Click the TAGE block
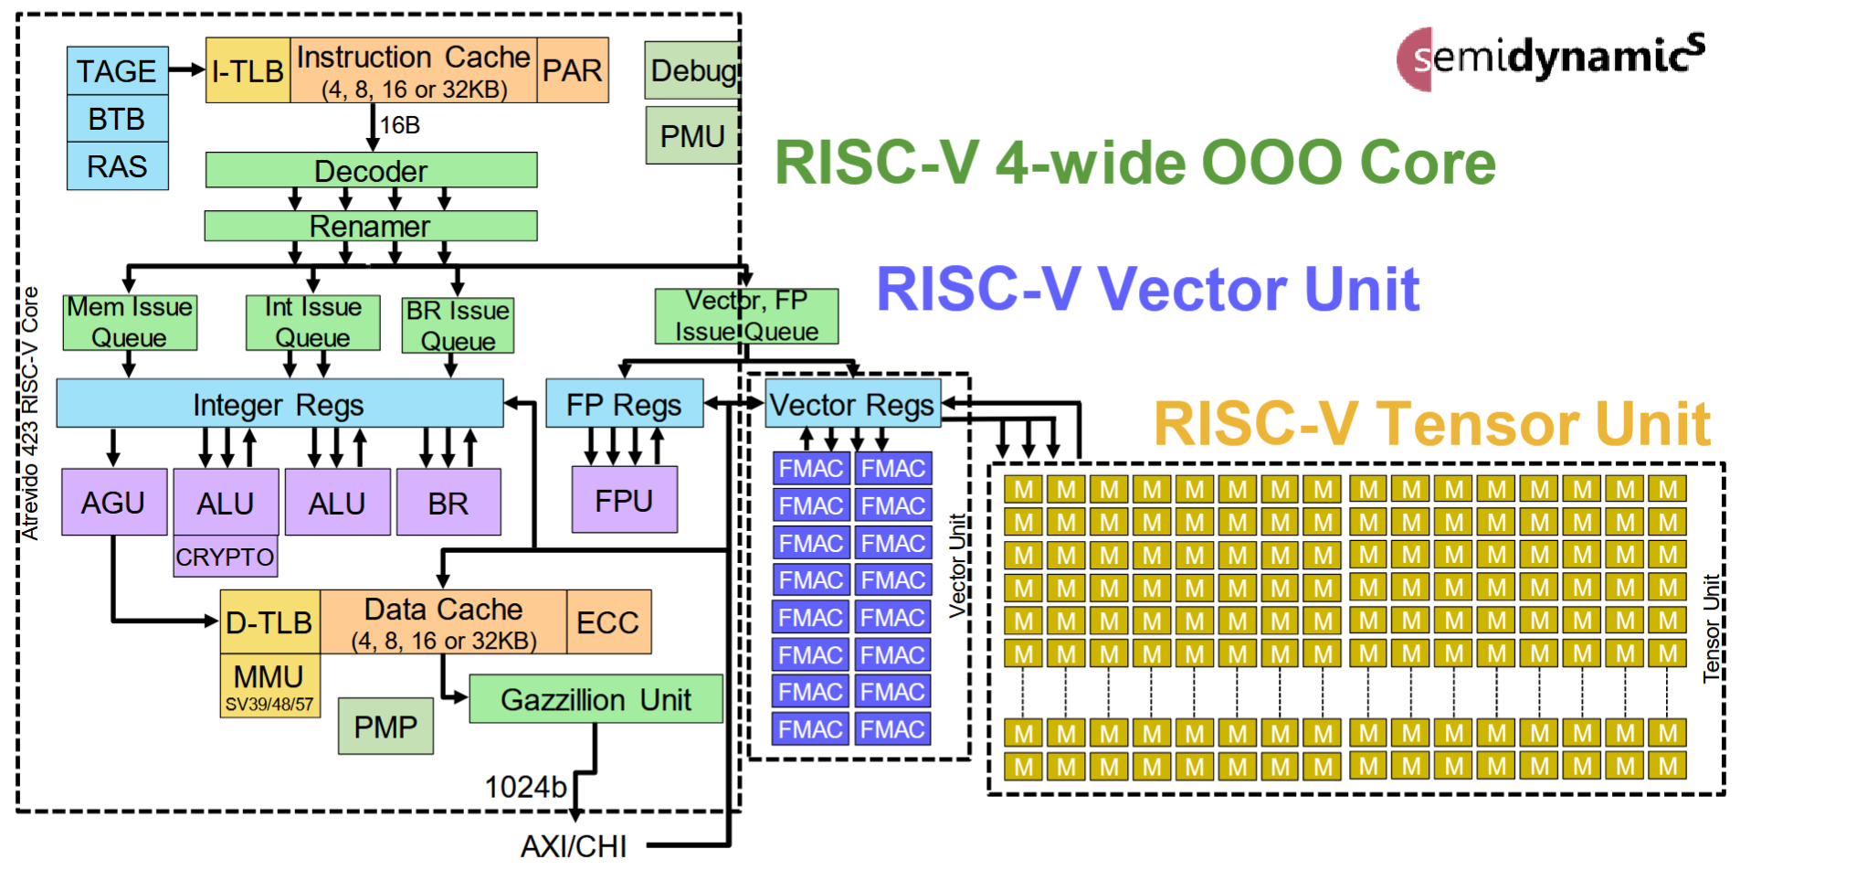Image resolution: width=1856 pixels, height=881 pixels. click(x=117, y=70)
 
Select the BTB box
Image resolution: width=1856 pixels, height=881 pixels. click(x=117, y=119)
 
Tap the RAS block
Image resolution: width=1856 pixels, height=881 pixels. click(x=117, y=166)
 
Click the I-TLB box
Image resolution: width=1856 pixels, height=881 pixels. click(x=248, y=70)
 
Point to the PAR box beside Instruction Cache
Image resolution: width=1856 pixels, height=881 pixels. click(x=573, y=70)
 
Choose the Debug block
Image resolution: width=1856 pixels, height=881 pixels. click(x=692, y=70)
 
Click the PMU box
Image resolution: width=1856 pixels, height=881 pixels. click(x=692, y=136)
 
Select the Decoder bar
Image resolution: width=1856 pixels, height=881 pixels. click(x=371, y=171)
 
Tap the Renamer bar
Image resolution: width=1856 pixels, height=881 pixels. click(x=370, y=226)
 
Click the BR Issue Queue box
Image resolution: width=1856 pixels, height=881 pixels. click(x=458, y=325)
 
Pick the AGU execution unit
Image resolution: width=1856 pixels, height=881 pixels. click(x=114, y=502)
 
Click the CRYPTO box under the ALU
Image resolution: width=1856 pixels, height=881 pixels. click(x=225, y=557)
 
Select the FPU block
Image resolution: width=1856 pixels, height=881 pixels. click(x=625, y=500)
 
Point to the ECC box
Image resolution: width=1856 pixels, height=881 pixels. click(x=608, y=622)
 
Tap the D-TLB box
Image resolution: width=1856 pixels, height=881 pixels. click(x=269, y=622)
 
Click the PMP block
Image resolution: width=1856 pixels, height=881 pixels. click(x=385, y=727)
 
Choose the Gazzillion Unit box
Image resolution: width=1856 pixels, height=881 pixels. click(x=596, y=699)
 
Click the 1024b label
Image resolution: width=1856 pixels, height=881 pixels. click(x=525, y=787)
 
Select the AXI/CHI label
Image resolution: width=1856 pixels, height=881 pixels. click(x=574, y=846)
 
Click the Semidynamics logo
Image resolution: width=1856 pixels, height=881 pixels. click(x=1550, y=58)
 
